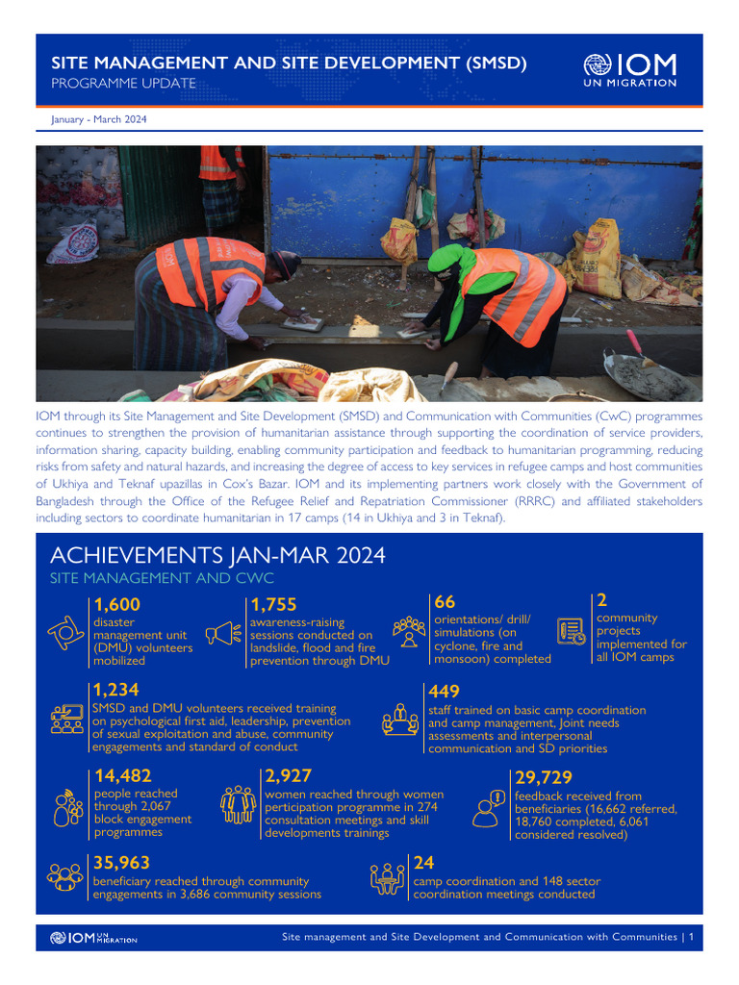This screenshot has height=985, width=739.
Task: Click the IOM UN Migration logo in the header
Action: point(629,70)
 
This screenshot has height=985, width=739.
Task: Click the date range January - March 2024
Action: point(98,119)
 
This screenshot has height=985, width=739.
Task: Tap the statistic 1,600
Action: point(117,605)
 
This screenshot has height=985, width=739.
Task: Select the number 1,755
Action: point(273,605)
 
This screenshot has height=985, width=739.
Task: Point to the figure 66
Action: point(445,602)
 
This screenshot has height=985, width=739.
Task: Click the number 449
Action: point(444,692)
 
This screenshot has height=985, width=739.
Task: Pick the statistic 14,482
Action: point(122,776)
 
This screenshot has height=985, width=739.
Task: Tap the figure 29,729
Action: point(544,778)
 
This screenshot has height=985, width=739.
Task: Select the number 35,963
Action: point(121,863)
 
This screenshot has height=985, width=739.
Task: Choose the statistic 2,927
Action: point(288,776)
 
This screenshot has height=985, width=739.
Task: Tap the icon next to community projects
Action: point(572,631)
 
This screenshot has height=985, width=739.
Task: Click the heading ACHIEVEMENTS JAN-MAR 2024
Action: point(217,556)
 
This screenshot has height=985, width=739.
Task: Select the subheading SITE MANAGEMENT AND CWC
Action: point(162,578)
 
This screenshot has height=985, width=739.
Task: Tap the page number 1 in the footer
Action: point(691,937)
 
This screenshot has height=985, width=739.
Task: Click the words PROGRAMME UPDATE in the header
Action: point(123,84)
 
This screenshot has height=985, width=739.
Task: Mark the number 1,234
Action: point(116,690)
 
